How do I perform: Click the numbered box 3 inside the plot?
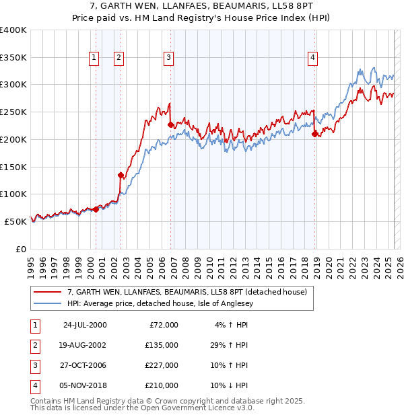168,59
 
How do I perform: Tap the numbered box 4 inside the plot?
313,59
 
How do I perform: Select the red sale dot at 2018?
314,135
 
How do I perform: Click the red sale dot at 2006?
171,125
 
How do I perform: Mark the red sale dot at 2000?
96,210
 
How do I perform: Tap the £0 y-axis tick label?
21,249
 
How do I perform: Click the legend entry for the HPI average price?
168,303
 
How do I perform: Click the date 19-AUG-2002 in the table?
84,345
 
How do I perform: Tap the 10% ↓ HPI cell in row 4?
229,385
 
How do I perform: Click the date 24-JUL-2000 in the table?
84,325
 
